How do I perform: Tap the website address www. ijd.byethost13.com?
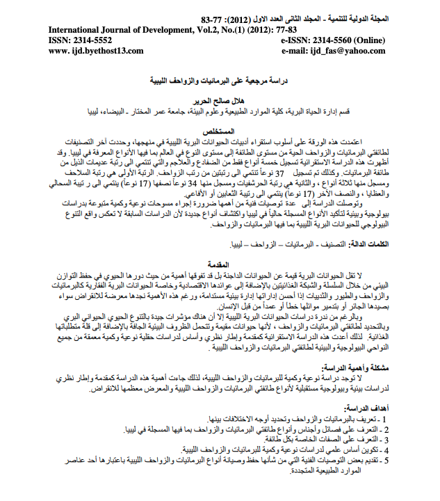[x=96, y=51]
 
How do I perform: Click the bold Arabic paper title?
[x=220, y=81]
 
